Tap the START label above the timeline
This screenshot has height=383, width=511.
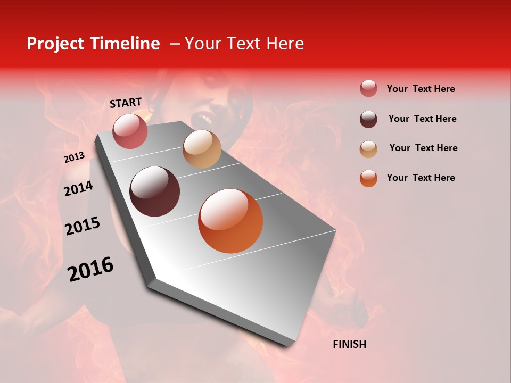click(126, 103)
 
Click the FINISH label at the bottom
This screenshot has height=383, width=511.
click(349, 344)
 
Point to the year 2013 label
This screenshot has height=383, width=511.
click(74, 157)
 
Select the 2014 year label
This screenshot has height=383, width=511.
click(78, 188)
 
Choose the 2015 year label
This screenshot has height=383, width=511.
click(83, 226)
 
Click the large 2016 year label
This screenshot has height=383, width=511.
click(90, 269)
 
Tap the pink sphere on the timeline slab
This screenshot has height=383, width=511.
click(130, 131)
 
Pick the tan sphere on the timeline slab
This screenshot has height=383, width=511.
click(202, 149)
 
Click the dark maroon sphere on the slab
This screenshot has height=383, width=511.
click(155, 191)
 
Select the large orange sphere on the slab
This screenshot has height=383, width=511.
click(230, 221)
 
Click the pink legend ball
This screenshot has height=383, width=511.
click(368, 89)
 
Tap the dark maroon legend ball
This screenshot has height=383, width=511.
click(368, 119)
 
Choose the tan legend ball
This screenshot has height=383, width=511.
click(368, 149)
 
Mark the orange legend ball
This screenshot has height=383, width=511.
click(368, 179)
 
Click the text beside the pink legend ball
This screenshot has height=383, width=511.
click(421, 89)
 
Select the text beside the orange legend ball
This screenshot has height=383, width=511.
click(421, 178)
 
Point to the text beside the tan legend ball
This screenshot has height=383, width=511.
click(423, 148)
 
